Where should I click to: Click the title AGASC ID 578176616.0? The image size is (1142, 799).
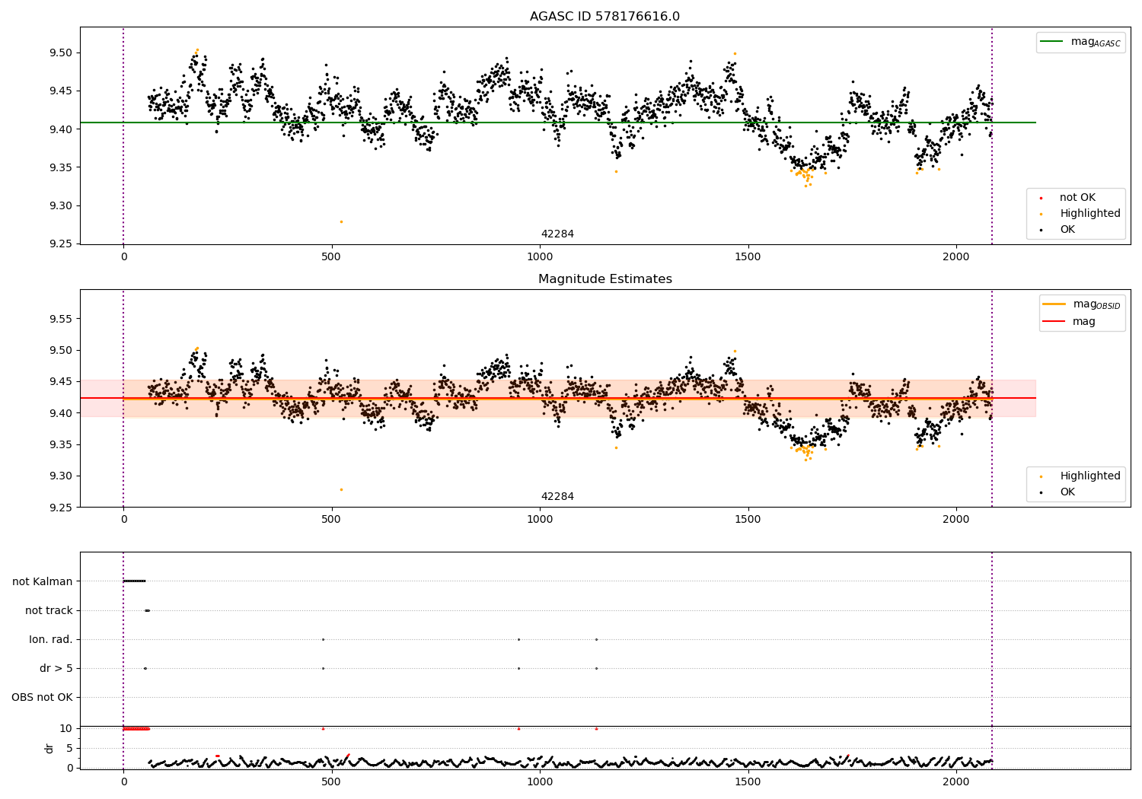[604, 17]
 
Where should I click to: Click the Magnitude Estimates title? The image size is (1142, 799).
[604, 279]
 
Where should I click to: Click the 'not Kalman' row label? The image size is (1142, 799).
[43, 581]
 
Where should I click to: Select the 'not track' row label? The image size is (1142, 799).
[49, 610]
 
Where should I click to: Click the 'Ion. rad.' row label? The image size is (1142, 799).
[51, 639]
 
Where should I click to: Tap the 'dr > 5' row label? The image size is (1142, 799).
[56, 668]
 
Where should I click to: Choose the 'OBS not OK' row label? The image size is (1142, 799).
[42, 697]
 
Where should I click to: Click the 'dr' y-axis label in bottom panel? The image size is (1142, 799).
[49, 748]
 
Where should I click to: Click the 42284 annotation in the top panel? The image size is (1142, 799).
[557, 234]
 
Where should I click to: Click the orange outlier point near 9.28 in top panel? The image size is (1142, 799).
[341, 221]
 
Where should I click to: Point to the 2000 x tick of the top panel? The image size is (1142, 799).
[956, 257]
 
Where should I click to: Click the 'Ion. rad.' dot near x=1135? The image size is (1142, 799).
[596, 639]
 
